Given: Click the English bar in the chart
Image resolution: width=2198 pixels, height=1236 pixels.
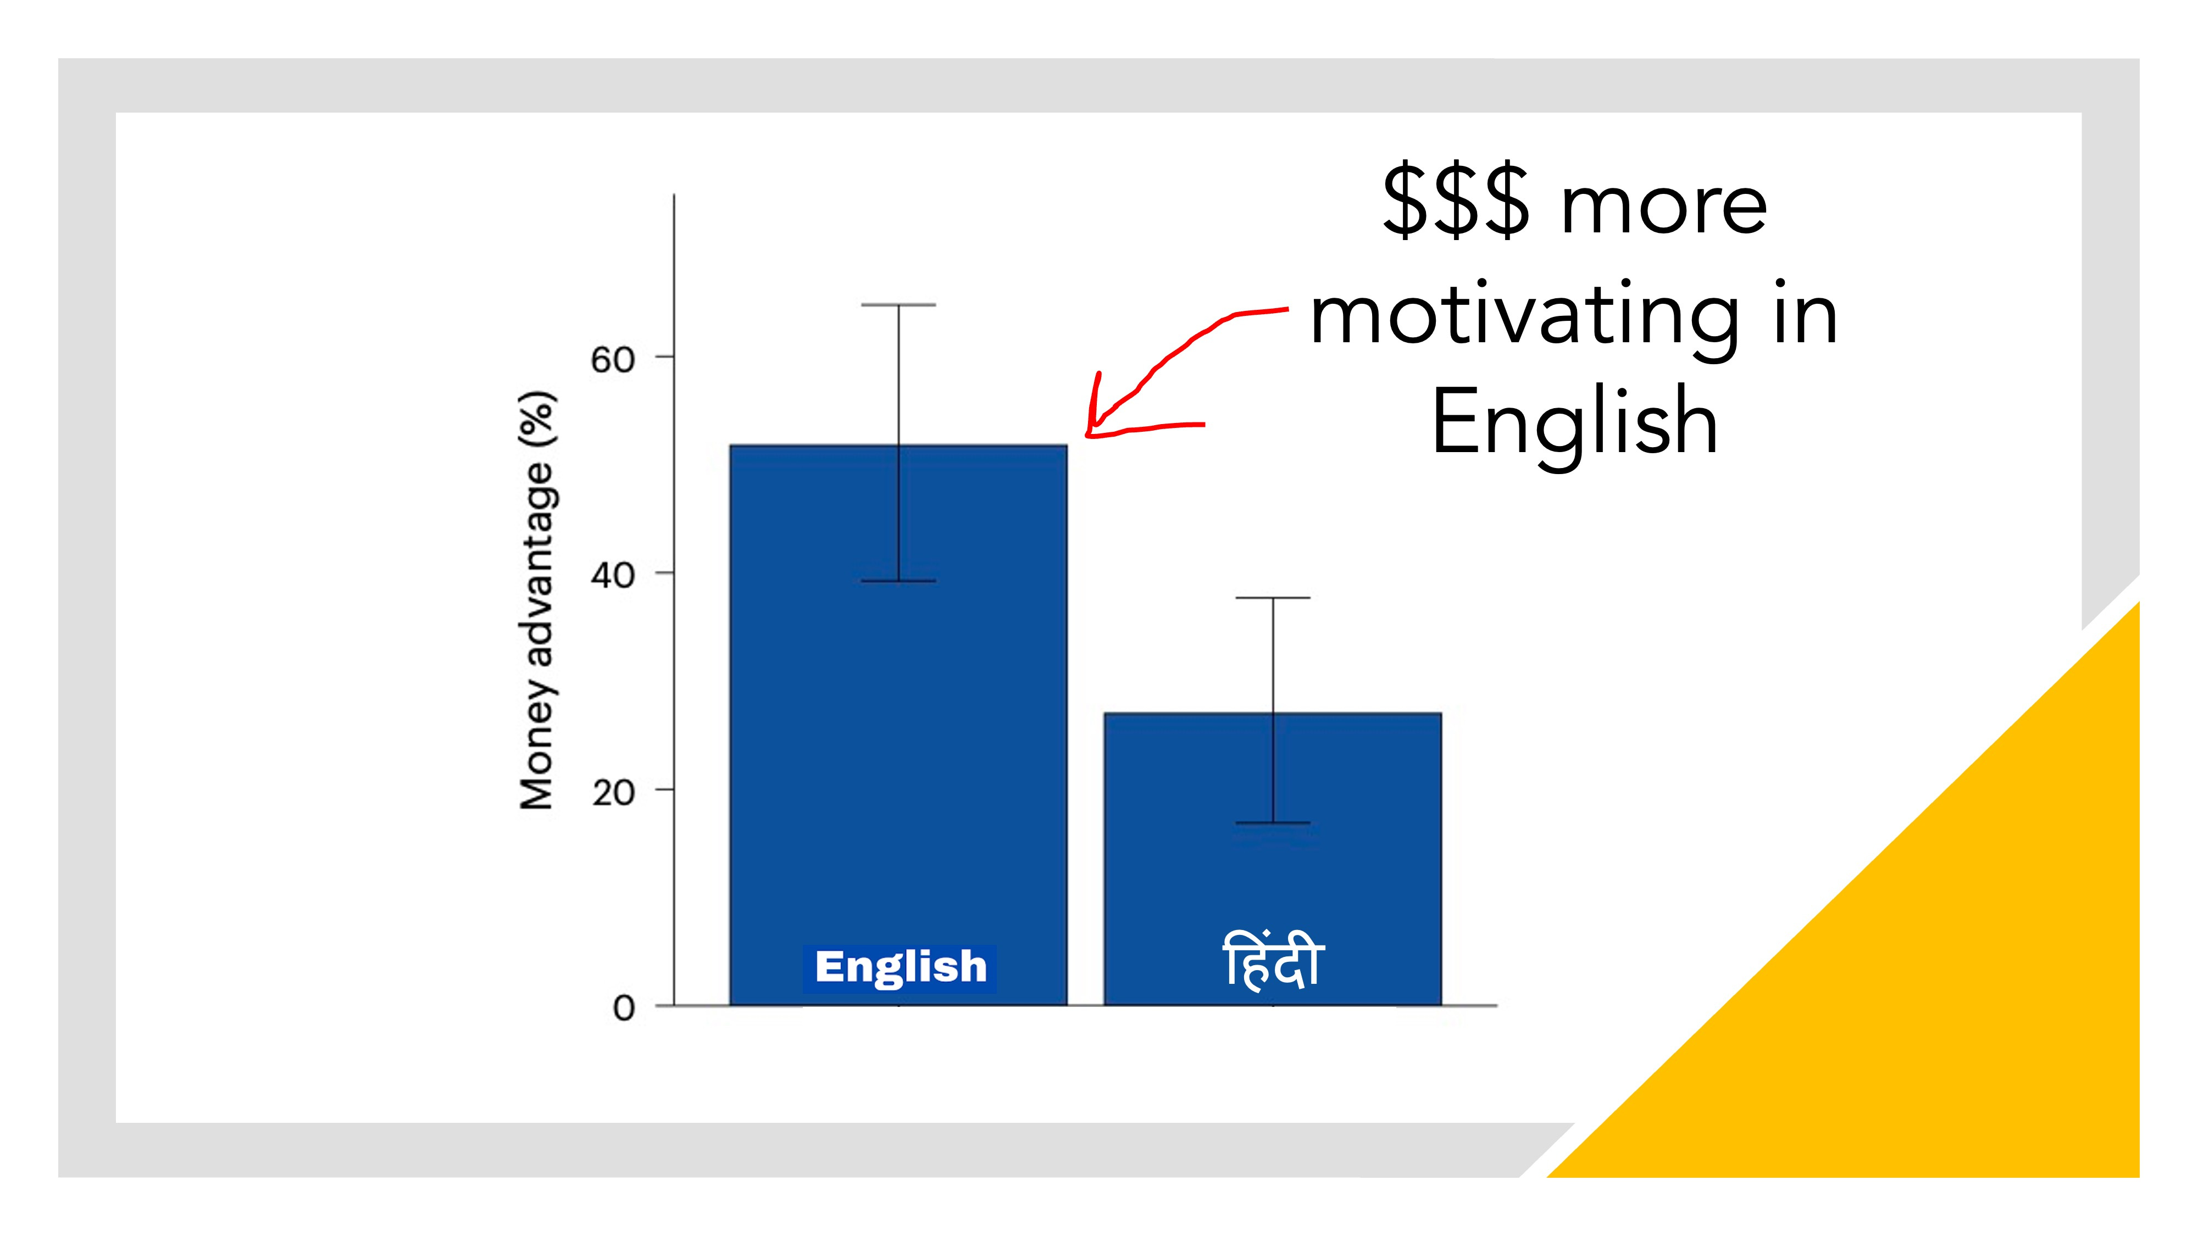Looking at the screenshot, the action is pyautogui.click(x=898, y=725).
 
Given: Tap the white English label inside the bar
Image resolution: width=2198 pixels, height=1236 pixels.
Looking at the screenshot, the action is pyautogui.click(x=900, y=967).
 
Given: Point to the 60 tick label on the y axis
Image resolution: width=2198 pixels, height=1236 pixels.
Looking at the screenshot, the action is pyautogui.click(x=613, y=360).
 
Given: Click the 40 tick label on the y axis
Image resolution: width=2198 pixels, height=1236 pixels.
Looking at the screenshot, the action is pyautogui.click(x=613, y=576).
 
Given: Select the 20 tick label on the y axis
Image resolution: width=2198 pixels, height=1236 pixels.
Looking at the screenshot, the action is pyautogui.click(x=613, y=793).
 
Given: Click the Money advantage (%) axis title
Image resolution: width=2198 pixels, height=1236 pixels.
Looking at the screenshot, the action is pyautogui.click(x=537, y=600).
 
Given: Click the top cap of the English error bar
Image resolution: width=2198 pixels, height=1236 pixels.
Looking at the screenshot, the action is pyautogui.click(x=898, y=304).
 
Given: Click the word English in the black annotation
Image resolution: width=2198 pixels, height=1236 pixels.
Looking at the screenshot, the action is pyautogui.click(x=1574, y=423).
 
